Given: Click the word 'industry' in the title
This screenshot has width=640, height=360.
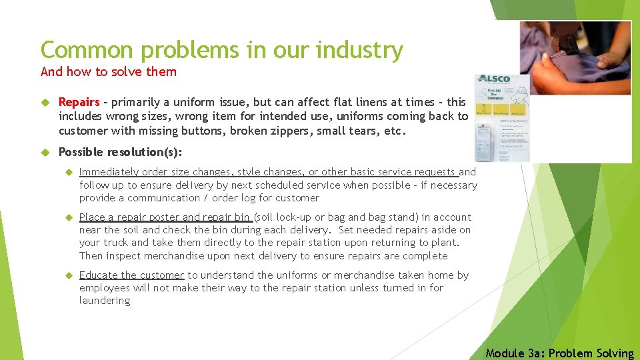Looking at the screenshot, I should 361,50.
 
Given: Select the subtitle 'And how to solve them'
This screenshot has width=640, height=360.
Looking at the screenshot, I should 109,71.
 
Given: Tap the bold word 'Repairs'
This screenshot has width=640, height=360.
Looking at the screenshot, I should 79,103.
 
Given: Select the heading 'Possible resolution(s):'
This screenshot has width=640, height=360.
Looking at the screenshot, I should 120,152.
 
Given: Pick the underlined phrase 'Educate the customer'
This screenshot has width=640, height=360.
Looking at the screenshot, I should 131,275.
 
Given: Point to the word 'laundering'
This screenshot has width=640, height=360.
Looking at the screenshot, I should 105,301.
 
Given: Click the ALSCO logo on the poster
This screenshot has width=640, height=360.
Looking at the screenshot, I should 494,79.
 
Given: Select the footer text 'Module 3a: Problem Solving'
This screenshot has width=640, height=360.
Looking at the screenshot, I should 559,353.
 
